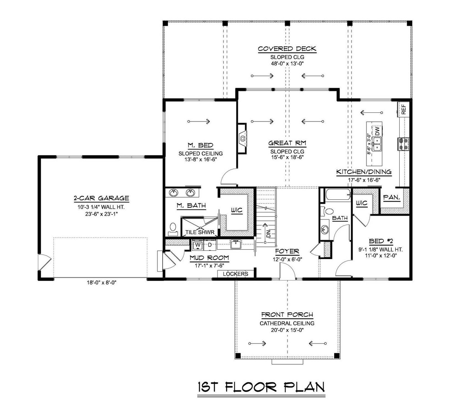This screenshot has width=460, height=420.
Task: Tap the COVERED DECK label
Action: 287,49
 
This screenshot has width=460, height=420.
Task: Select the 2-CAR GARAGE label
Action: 101,198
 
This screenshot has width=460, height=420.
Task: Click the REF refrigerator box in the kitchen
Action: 403,109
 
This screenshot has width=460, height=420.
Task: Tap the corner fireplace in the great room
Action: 243,137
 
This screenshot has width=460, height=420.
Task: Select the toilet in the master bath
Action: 172,229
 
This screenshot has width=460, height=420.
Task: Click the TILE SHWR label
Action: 200,232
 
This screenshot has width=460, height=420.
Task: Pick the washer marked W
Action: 197,245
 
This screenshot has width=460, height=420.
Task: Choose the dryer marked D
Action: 210,245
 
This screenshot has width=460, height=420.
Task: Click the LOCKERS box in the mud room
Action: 236,274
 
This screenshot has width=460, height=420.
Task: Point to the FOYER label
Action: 287,251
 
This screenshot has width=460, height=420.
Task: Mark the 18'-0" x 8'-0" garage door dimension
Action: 101,282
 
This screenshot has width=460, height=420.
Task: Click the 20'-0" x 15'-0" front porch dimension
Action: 287,330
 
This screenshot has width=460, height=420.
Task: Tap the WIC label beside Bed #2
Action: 362,203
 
